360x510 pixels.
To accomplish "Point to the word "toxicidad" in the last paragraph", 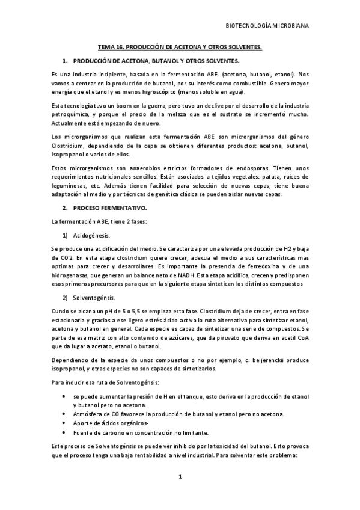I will pos(223,448).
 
